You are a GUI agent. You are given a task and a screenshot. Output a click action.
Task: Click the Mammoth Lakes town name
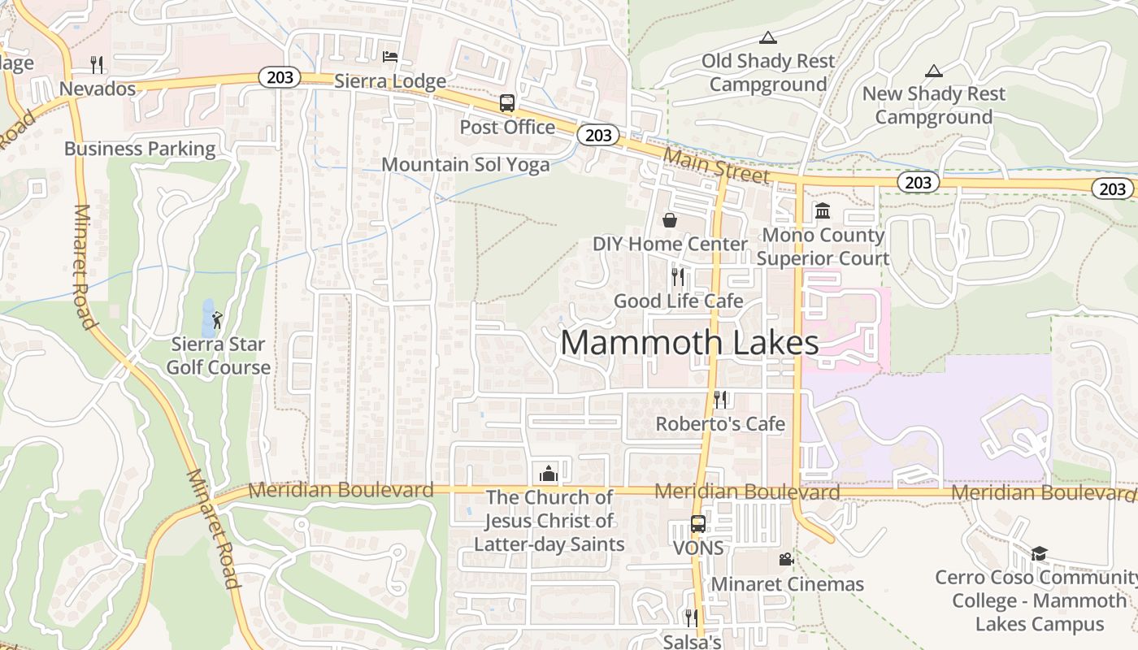[x=689, y=343]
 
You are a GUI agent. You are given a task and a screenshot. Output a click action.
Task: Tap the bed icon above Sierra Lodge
[x=390, y=56]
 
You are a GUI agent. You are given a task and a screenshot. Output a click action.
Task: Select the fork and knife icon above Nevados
[x=97, y=64]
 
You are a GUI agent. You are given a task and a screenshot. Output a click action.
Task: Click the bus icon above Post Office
[x=506, y=103]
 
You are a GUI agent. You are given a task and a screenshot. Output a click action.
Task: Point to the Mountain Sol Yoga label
[x=465, y=164]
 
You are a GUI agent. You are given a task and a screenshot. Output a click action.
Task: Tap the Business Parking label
[x=140, y=149]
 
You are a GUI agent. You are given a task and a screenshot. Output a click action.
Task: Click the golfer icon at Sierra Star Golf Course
[x=216, y=319]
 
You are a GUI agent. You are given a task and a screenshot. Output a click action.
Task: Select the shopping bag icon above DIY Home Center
[x=670, y=219]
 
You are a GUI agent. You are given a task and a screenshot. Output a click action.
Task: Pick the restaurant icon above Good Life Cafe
[x=677, y=277]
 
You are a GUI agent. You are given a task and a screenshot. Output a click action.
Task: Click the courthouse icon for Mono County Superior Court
[x=822, y=211]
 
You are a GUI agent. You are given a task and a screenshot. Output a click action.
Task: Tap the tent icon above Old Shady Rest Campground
[x=767, y=37]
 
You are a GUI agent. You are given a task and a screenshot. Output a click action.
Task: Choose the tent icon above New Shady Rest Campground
[x=933, y=71]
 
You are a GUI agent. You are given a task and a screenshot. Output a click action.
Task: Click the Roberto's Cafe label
[x=720, y=423]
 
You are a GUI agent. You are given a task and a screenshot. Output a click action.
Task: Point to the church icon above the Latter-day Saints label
[x=549, y=474]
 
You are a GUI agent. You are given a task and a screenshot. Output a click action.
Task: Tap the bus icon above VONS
[x=697, y=524]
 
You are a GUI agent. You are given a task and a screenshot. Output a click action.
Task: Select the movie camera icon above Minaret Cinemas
[x=785, y=559]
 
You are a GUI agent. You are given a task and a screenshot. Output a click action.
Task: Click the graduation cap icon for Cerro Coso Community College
[x=1038, y=554]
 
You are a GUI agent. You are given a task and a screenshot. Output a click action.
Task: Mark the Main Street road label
[x=715, y=165]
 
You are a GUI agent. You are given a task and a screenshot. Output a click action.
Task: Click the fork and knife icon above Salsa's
[x=691, y=618]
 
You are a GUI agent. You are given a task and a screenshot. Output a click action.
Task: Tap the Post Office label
[x=507, y=128]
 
